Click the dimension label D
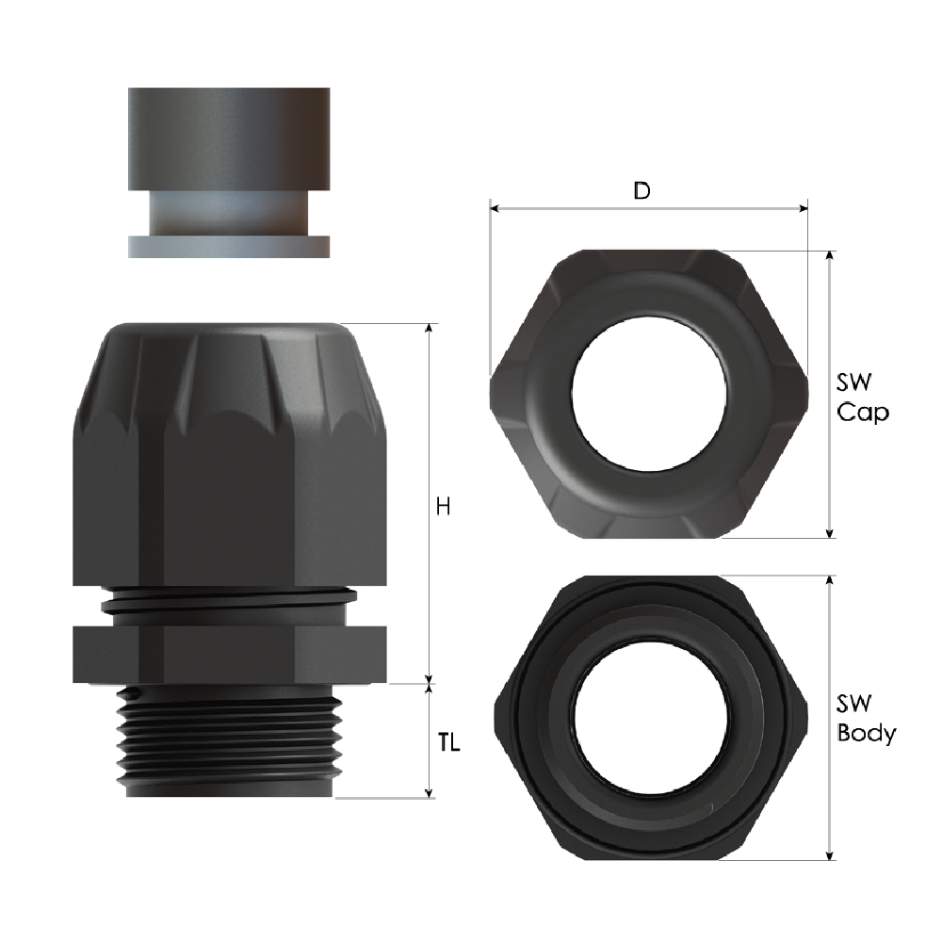[642, 190]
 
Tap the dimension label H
[443, 507]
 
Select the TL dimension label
[448, 743]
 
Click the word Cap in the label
[863, 414]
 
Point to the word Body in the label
[867, 734]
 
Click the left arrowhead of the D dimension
[495, 209]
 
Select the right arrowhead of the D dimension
[804, 209]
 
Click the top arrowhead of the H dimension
[429, 328]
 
